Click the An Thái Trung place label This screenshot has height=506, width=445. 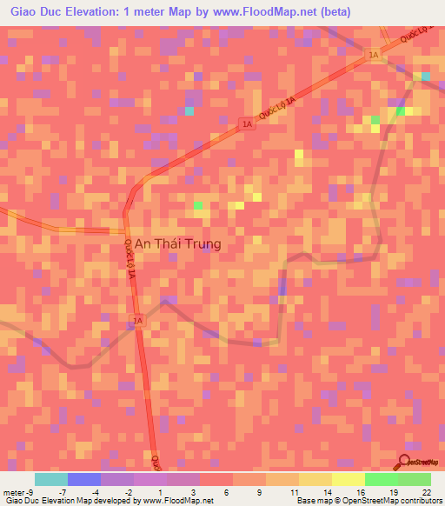[x=176, y=245]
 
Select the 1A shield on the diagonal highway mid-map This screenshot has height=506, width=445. [x=248, y=125]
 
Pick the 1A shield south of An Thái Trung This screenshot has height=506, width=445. [x=137, y=322]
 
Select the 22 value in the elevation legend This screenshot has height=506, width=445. [x=426, y=490]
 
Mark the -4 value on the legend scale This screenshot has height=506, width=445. [x=96, y=490]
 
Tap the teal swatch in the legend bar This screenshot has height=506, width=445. [x=51, y=479]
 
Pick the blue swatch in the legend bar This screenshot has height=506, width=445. [x=84, y=479]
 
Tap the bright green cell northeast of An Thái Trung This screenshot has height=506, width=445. [x=199, y=205]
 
